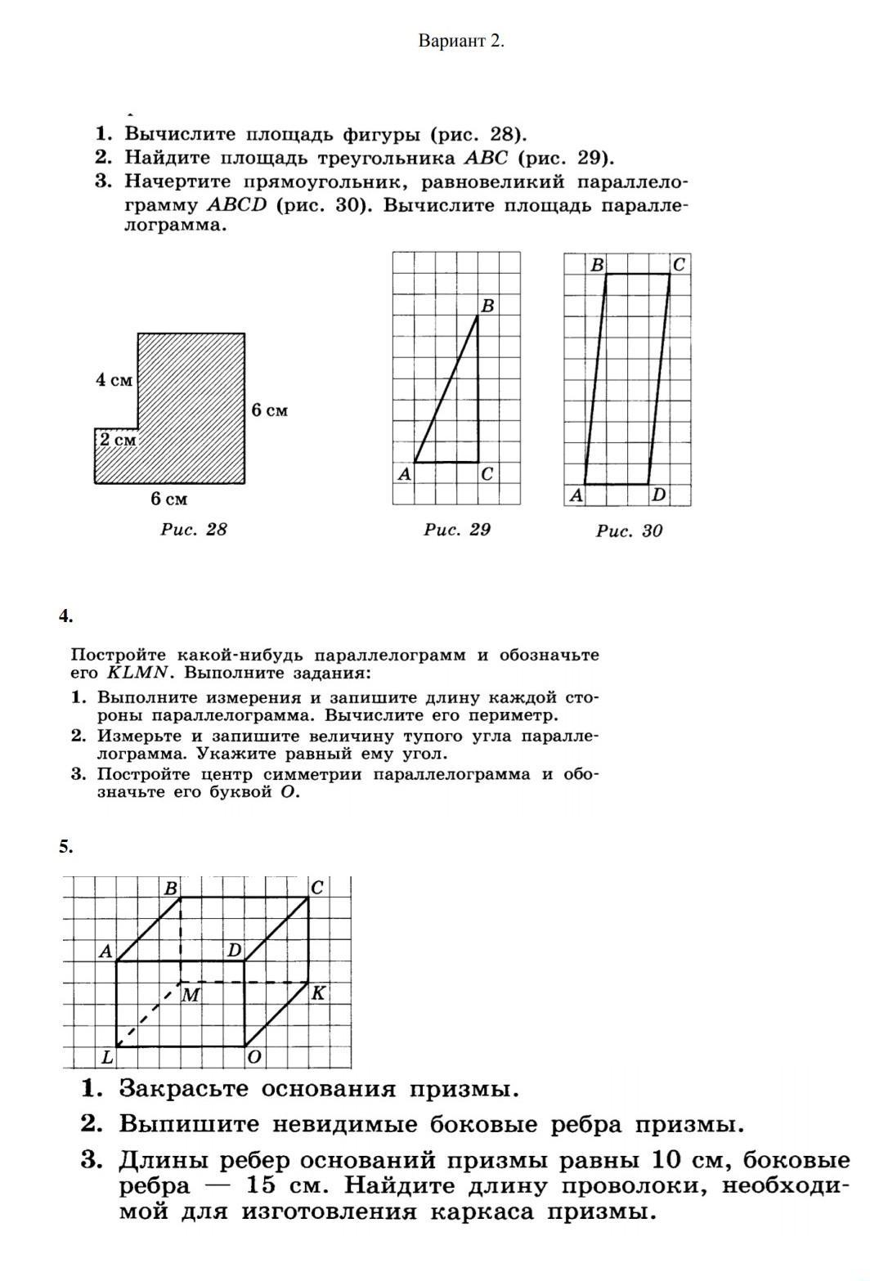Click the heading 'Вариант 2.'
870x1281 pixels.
click(461, 41)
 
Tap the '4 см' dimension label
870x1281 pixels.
click(114, 380)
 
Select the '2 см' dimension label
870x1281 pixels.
click(117, 440)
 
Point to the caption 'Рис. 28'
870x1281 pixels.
click(194, 530)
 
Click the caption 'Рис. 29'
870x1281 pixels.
click(457, 530)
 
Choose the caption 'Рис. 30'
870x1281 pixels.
click(629, 531)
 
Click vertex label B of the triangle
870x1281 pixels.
click(487, 306)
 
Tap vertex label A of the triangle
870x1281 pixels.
click(403, 473)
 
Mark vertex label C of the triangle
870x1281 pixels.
click(487, 473)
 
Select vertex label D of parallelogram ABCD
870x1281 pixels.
click(658, 495)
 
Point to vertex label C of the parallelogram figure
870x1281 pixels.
click(679, 265)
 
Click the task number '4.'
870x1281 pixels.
click(65, 616)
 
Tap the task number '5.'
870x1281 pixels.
click(65, 847)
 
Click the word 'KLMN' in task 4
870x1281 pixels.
click(137, 674)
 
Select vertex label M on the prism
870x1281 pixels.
click(191, 995)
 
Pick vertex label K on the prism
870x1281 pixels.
click(319, 993)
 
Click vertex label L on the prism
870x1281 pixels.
click(106, 1057)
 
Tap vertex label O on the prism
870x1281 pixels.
click(254, 1057)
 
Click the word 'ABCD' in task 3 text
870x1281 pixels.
click(237, 205)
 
